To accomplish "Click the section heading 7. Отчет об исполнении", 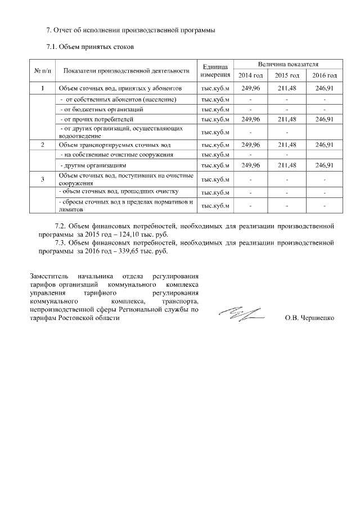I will pos(130,29).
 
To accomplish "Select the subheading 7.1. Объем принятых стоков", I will pos(91,47).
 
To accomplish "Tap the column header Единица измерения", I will pos(215,70).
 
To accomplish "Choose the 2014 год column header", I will pos(250,75).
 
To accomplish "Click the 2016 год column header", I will pos(325,75).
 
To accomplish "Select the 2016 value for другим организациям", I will pos(325,165).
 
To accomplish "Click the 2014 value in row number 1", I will pos(250,88).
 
